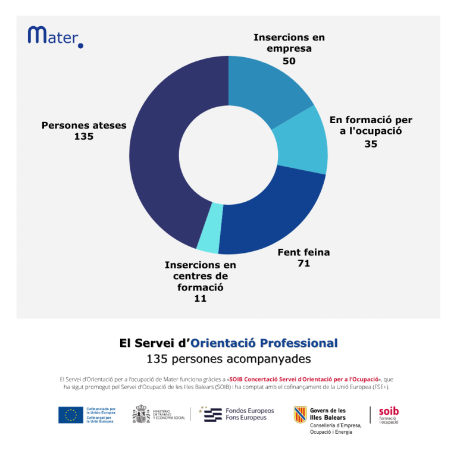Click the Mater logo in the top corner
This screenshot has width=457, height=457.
coord(55,36)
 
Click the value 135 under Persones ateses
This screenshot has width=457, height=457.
coord(84,136)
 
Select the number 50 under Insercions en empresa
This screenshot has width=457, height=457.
coord(289,61)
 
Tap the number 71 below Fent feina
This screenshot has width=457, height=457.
coord(303,263)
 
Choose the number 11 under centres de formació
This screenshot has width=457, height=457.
coord(200,298)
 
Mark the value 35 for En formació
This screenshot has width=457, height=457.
coord(371,143)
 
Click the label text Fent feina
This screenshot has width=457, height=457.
coord(303,252)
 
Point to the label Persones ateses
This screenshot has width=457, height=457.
coord(84,126)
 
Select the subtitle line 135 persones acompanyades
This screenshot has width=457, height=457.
coord(228,359)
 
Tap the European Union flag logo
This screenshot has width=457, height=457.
coord(71,415)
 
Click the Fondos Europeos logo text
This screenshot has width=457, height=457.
coord(249,414)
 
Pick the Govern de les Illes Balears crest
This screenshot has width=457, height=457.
coord(300,414)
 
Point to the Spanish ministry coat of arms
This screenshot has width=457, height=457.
coord(141,414)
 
